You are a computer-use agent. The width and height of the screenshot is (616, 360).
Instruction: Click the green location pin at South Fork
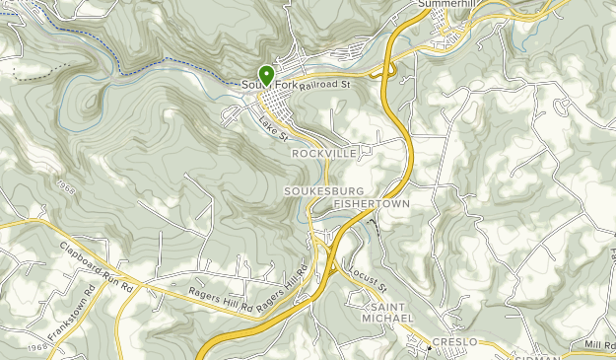click(265, 75)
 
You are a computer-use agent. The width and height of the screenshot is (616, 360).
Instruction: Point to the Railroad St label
click(326, 86)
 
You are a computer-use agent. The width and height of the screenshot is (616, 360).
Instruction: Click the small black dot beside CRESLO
click(430, 347)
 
